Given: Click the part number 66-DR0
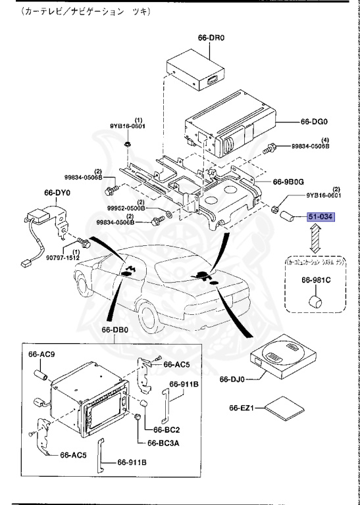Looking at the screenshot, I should [211, 38].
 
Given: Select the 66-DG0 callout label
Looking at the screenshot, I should [315, 122].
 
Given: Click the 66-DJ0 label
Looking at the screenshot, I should [232, 379].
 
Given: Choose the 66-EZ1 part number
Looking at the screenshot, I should [242, 408].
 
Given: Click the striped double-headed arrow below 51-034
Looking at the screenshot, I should [315, 239].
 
